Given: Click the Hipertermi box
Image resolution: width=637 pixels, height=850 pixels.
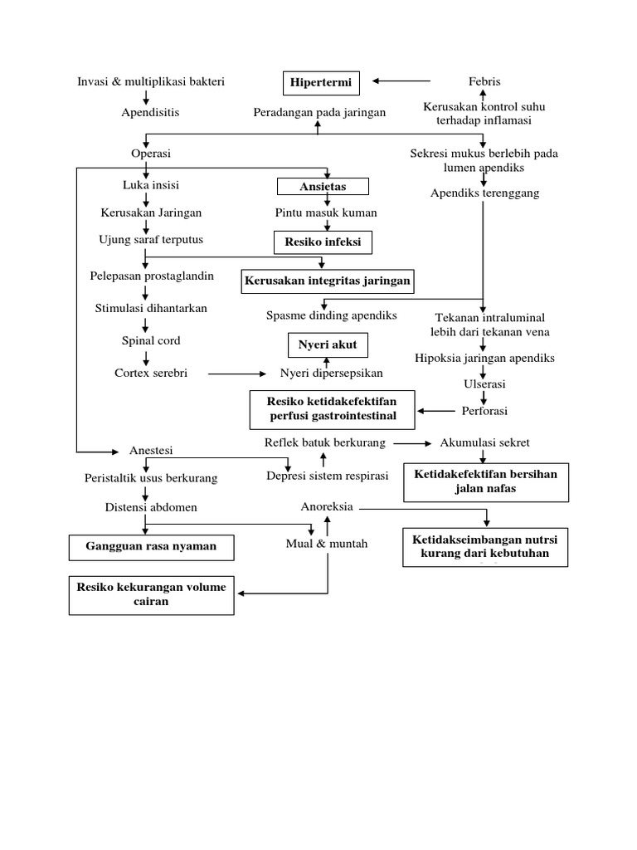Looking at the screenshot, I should coord(320,82).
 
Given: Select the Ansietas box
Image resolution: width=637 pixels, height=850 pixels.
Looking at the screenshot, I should coord(323,185).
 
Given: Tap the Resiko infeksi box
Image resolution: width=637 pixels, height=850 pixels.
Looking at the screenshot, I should coord(323,242).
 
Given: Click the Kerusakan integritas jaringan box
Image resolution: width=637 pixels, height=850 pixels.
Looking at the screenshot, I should coord(327,281).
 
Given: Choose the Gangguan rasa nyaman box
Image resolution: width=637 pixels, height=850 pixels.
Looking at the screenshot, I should coord(151,547).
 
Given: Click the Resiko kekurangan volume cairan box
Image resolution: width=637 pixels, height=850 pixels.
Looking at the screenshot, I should coord(151,594).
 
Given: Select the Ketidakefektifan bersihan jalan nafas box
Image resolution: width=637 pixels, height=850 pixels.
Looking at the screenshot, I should coord(486,482).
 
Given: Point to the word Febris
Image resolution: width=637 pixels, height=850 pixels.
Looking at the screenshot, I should coord(484,81).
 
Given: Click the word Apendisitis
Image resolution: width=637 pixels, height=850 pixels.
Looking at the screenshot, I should coord(150,112).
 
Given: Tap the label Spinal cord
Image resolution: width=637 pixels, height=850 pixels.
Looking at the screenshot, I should coord(150,340).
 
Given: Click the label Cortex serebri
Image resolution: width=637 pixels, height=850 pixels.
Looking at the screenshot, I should coord(151,373).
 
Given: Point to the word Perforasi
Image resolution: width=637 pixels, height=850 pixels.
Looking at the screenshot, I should coord(484,411).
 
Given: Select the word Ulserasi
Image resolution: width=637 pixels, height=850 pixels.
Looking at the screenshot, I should coord(484,384).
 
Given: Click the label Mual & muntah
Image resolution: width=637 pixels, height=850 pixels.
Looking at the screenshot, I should coord(326,544).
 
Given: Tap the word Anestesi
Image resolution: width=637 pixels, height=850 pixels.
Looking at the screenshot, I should coord(151,451).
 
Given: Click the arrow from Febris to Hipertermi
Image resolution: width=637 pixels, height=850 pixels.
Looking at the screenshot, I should coord(401,81).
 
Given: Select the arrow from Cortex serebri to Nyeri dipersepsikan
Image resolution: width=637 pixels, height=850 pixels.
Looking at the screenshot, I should coord(236,374).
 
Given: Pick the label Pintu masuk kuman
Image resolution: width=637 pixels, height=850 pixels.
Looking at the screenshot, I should coord(326,212).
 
